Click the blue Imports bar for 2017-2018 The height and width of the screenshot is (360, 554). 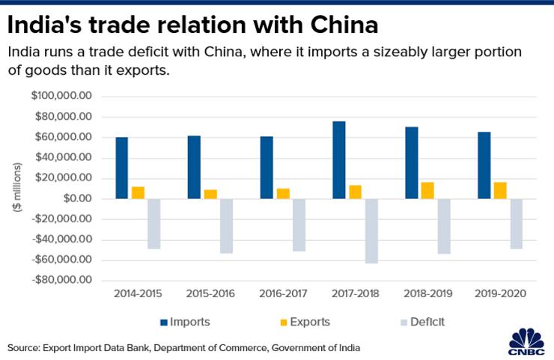point(339,159)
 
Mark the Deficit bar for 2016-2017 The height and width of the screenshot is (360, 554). point(299,225)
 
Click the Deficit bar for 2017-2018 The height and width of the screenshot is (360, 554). point(371,231)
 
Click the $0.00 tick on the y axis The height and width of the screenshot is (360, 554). point(76,199)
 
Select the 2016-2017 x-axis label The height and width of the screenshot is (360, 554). point(282,294)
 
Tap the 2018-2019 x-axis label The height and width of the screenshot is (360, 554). point(427,294)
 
